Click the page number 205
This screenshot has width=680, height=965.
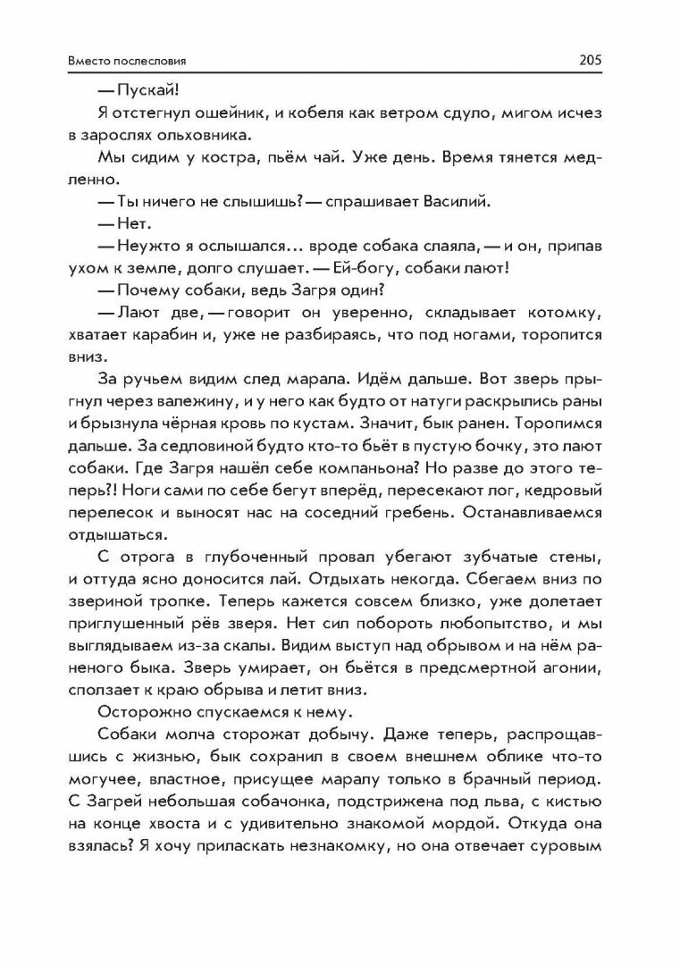pyautogui.click(x=592, y=61)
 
